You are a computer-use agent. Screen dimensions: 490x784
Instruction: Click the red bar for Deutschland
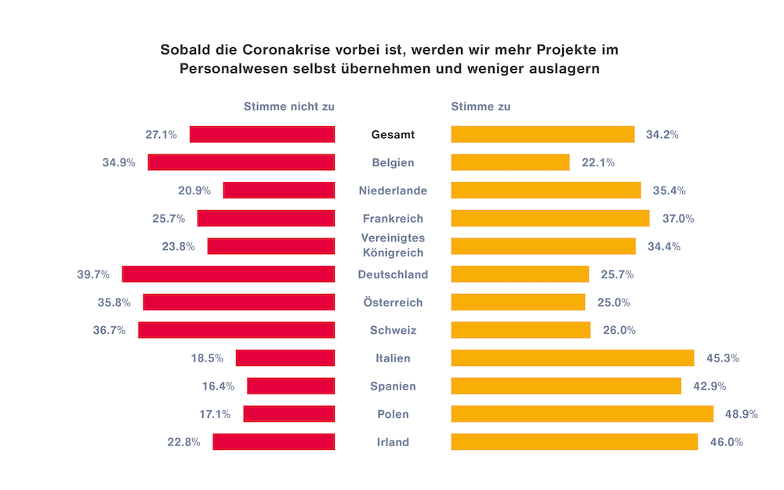coord(228,274)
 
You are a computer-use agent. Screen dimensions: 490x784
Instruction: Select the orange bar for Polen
coord(582,414)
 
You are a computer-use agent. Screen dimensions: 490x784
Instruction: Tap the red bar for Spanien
coord(291,386)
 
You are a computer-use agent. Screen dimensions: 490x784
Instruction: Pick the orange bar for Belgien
coord(510,162)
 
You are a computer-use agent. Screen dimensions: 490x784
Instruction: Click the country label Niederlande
coord(393,191)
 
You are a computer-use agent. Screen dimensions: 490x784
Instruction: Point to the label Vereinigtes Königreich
coord(393,245)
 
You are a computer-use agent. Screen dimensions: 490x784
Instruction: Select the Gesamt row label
coord(393,135)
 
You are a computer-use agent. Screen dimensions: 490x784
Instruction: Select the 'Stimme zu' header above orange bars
coord(481,107)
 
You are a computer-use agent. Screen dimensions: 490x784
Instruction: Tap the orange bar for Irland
coord(574,442)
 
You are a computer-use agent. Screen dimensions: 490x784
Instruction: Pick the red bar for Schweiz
coord(237,330)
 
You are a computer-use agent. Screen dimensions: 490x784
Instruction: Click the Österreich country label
coord(393,303)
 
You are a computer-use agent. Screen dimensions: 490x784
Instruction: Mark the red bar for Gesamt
coord(262,135)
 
